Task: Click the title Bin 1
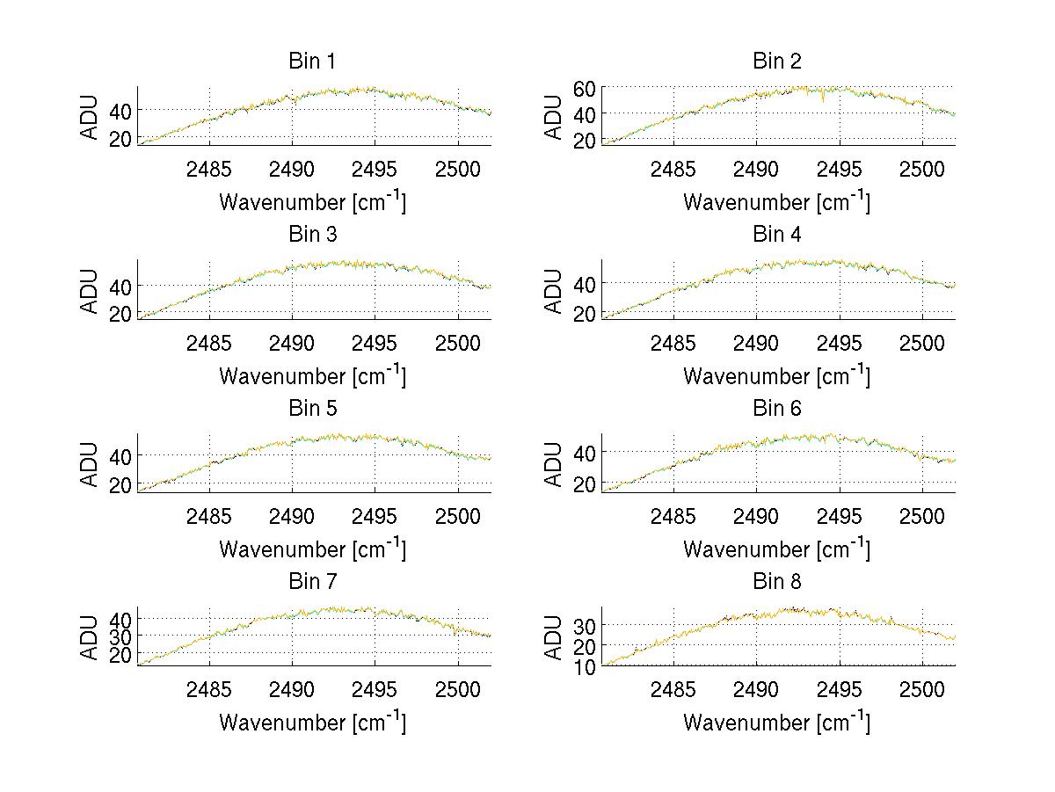[312, 62]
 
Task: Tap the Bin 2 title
[777, 62]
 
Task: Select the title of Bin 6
[777, 409]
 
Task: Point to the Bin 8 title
[777, 582]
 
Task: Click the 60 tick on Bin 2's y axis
[586, 87]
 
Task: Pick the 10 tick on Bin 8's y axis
[586, 666]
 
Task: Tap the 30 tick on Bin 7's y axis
[121, 636]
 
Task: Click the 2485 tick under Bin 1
[209, 169]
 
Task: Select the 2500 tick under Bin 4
[922, 343]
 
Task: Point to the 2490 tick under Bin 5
[292, 516]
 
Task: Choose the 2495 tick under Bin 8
[840, 689]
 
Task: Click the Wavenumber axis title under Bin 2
[776, 201]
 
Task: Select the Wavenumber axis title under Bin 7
[312, 722]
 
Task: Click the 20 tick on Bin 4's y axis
[586, 313]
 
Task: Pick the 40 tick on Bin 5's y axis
[121, 455]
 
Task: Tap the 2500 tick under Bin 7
[458, 689]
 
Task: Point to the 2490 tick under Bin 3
[292, 343]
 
